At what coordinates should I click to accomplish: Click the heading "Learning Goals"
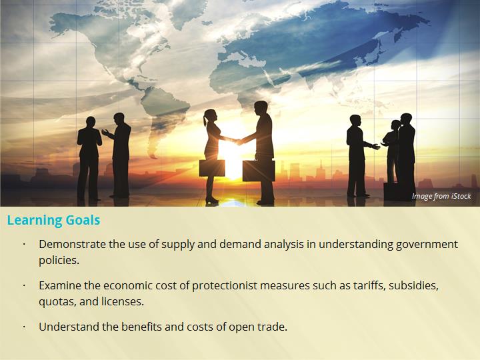coord(53,220)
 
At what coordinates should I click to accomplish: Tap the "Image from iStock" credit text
coord(441,196)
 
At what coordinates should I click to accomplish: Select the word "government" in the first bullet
coord(427,245)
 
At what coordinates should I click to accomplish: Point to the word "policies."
coord(59,261)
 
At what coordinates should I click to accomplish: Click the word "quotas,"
coord(57,302)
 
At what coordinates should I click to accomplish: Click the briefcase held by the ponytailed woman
coord(212,168)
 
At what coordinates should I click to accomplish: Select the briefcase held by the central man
coord(259,170)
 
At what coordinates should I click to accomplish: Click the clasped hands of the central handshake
coord(238,141)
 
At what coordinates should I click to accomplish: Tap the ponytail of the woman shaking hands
coord(205,120)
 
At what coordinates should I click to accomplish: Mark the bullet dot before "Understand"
coord(24,327)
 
